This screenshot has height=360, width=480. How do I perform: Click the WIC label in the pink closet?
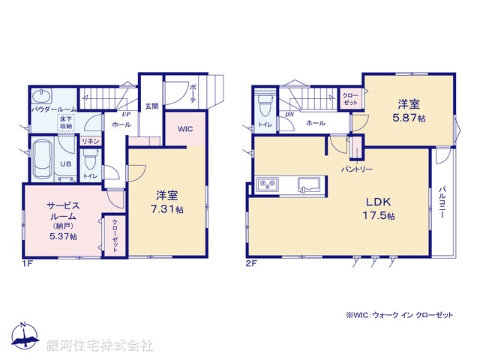185,129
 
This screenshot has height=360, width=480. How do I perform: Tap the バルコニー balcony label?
442,203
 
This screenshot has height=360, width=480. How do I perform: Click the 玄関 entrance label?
151,106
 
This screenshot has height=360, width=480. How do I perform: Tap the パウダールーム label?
50,109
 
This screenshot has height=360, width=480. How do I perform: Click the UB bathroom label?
66,163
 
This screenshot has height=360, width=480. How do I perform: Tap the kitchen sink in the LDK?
310,184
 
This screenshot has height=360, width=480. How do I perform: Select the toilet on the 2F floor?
264,103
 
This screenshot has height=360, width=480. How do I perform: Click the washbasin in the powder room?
41,95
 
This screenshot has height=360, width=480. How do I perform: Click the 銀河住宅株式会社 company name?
100,346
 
